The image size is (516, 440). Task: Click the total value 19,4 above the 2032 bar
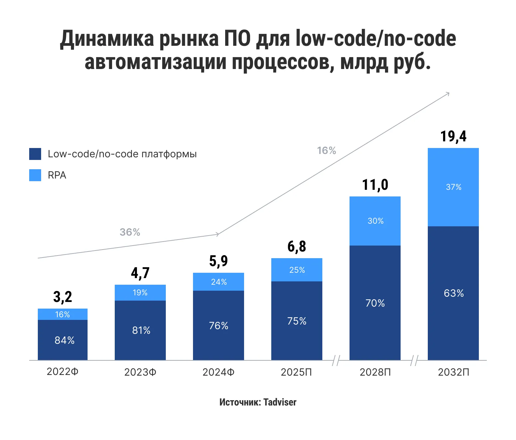tap(453, 136)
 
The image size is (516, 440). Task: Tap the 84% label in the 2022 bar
tap(64, 340)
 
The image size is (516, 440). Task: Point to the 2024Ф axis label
tap(218, 372)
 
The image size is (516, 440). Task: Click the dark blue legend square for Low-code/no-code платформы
tap(35, 154)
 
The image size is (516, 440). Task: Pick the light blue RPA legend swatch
tap(35, 175)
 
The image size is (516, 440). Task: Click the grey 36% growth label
tap(130, 232)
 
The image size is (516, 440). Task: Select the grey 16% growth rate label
tap(326, 151)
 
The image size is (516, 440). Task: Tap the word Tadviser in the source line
tap(280, 402)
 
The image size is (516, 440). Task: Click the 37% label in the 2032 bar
tap(453, 187)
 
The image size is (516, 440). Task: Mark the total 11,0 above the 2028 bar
tap(375, 185)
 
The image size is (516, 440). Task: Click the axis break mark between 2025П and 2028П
tap(336, 360)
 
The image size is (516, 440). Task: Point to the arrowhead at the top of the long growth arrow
tap(448, 94)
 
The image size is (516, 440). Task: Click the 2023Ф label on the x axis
tap(140, 372)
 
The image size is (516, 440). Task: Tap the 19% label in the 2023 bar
tap(140, 293)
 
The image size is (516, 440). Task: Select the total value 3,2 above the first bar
tap(62, 297)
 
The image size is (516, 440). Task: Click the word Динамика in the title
tap(107, 39)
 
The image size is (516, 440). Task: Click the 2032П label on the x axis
tap(453, 372)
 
